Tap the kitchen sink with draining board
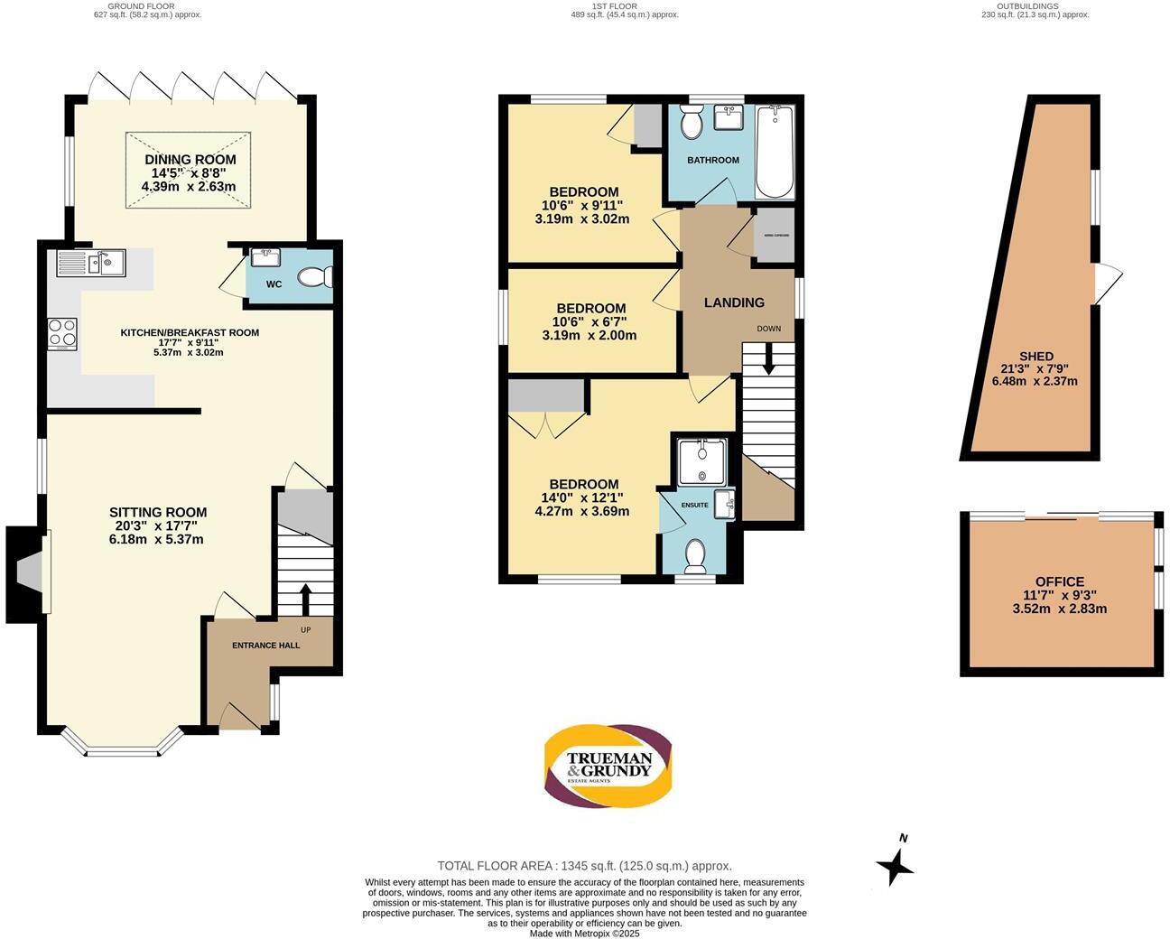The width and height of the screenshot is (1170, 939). [91, 263]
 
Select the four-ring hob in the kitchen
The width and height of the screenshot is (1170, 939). [62, 334]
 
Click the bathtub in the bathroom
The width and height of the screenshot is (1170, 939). [774, 152]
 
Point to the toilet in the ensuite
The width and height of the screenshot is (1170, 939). [695, 556]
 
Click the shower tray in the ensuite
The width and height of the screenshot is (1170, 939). [701, 461]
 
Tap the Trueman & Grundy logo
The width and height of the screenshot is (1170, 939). [608, 765]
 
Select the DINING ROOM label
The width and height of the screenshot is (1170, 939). [190, 160]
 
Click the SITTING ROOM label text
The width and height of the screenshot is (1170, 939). [158, 512]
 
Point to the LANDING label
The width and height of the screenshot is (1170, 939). [734, 302]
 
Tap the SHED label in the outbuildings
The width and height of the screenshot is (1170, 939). [1035, 356]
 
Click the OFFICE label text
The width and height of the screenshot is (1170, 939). [1060, 581]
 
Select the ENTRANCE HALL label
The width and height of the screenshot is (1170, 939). [265, 646]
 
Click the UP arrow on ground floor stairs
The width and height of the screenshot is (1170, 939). [304, 599]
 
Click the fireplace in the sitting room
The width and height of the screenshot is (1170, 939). [27, 573]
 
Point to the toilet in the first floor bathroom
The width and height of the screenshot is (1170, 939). [692, 123]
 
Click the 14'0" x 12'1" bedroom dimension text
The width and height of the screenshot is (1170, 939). [581, 497]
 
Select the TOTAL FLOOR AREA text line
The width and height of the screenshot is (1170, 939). [584, 865]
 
